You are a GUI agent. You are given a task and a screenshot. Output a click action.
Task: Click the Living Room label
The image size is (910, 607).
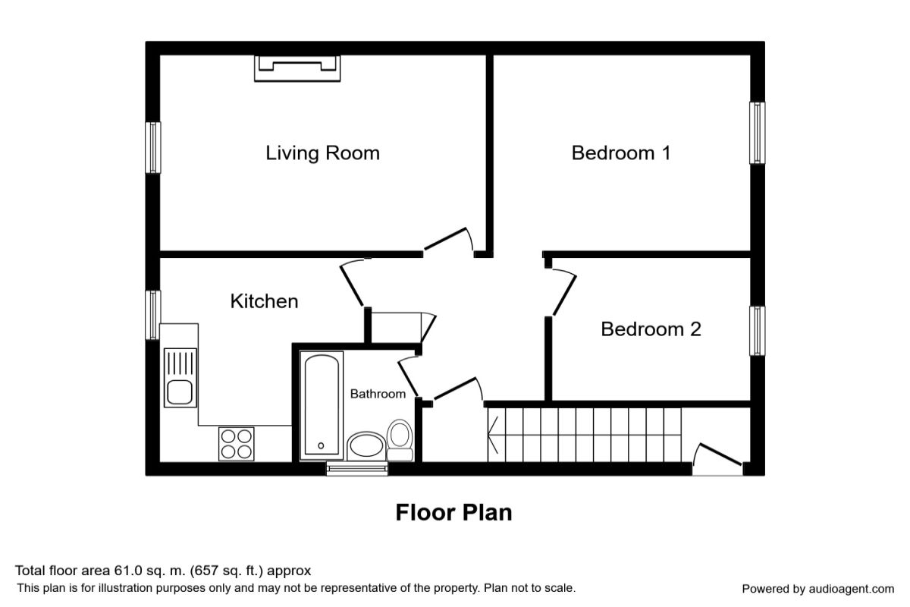(322, 153)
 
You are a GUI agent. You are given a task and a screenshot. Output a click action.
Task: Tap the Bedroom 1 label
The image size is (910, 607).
(621, 153)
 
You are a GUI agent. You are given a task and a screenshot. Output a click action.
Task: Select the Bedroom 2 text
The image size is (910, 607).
(651, 329)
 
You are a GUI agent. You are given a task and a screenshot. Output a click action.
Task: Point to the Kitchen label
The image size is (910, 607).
(264, 301)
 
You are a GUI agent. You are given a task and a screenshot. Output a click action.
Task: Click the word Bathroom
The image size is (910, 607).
(378, 394)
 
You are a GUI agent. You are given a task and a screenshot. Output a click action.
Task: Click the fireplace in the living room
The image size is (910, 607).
(297, 68)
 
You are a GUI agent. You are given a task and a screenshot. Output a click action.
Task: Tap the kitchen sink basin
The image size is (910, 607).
(180, 392)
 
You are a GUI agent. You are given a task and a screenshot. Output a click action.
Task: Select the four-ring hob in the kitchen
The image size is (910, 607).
(236, 444)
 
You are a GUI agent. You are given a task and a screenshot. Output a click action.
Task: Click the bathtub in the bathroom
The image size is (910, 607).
(322, 406)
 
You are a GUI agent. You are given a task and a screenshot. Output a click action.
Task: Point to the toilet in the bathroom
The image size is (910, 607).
(400, 440)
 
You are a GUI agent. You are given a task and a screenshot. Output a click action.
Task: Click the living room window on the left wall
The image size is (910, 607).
(152, 147)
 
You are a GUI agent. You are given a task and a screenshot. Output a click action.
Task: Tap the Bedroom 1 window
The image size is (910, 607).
(758, 133)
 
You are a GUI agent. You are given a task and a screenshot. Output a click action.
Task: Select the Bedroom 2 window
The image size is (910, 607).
(758, 331)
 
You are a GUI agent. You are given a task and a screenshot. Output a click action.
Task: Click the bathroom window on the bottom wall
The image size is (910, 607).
(357, 469)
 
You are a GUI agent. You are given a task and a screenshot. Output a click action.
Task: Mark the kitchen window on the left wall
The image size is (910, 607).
(152, 315)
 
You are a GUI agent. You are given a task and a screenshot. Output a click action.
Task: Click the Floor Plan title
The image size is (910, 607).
(453, 512)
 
